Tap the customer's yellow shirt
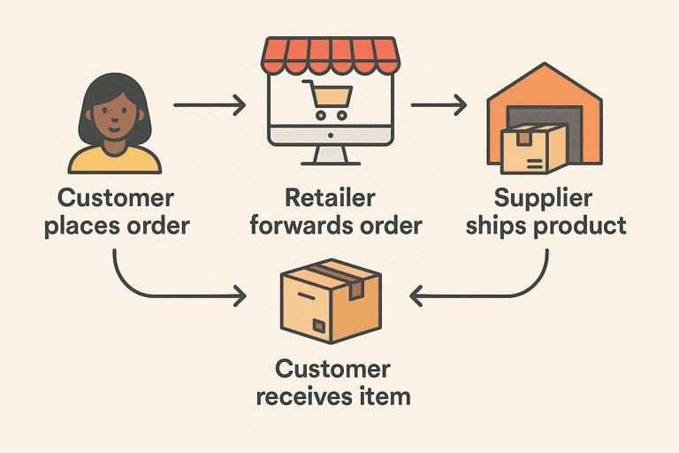pos(115,161)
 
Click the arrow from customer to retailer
pos(210,107)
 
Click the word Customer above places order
pos(116,197)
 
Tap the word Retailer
pos(330,197)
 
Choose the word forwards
pos(294,225)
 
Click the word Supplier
pos(543,197)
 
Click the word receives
pos(301,395)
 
